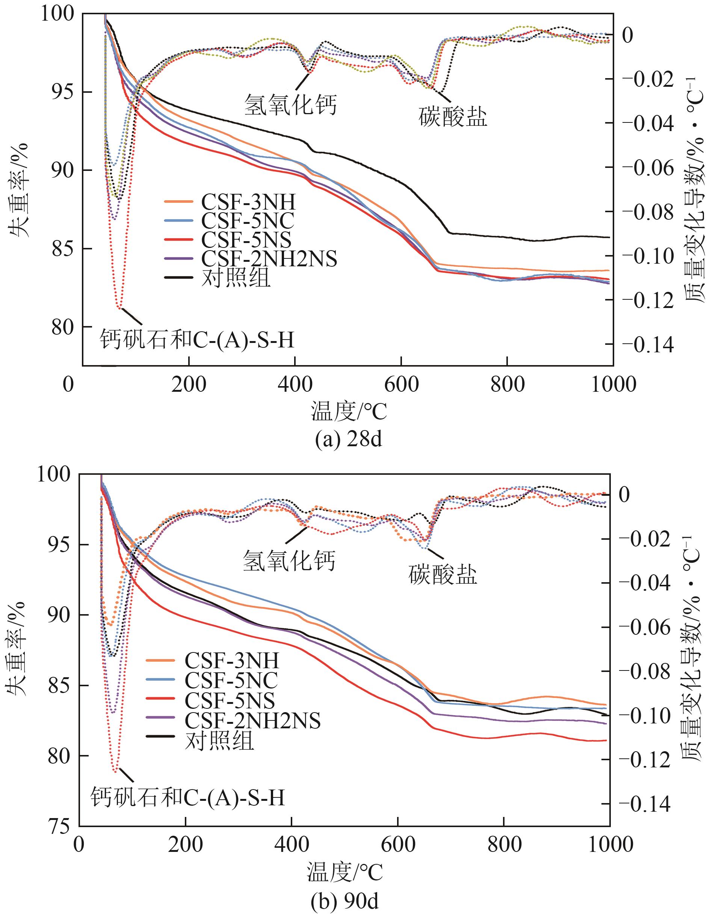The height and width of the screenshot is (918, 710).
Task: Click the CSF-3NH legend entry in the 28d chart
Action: click(x=248, y=202)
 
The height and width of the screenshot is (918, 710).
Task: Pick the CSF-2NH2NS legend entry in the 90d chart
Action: click(x=252, y=720)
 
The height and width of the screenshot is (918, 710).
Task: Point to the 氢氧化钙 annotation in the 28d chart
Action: click(x=290, y=104)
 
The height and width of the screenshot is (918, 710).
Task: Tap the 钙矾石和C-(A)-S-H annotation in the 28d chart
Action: click(x=197, y=339)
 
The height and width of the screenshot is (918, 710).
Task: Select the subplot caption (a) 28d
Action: click(x=349, y=440)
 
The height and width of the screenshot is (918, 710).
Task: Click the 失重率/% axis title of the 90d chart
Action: click(x=16, y=649)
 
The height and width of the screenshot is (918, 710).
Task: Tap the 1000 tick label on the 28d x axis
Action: click(x=613, y=384)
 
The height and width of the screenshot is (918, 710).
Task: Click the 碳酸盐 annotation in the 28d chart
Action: click(x=453, y=117)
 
